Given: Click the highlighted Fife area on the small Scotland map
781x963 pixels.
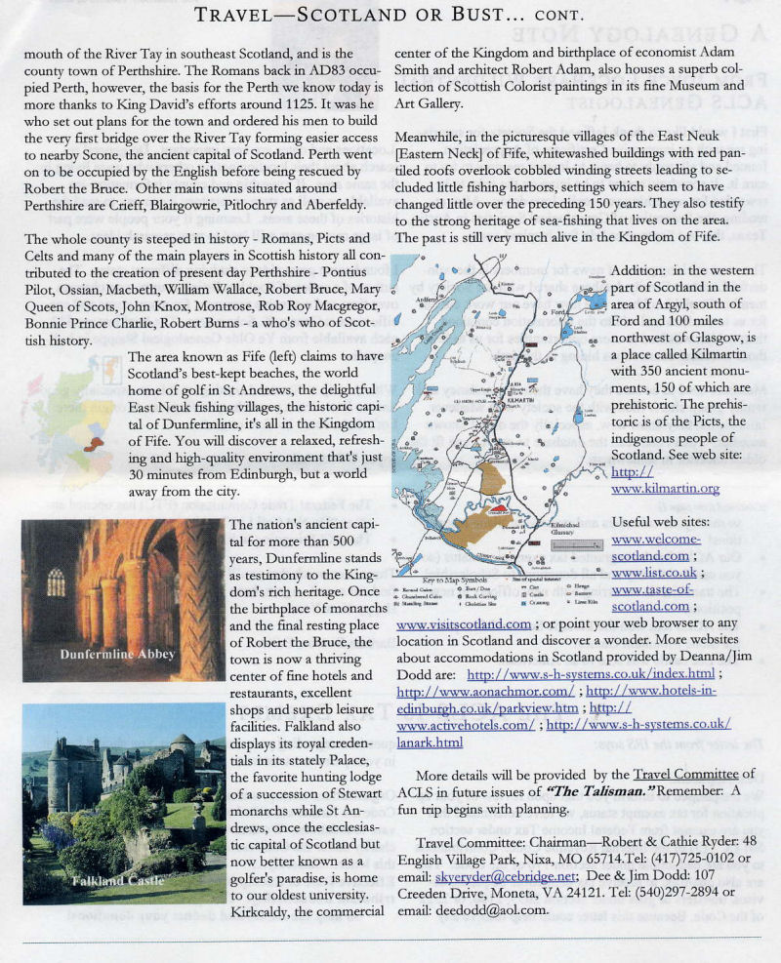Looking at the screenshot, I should [x=95, y=444].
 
